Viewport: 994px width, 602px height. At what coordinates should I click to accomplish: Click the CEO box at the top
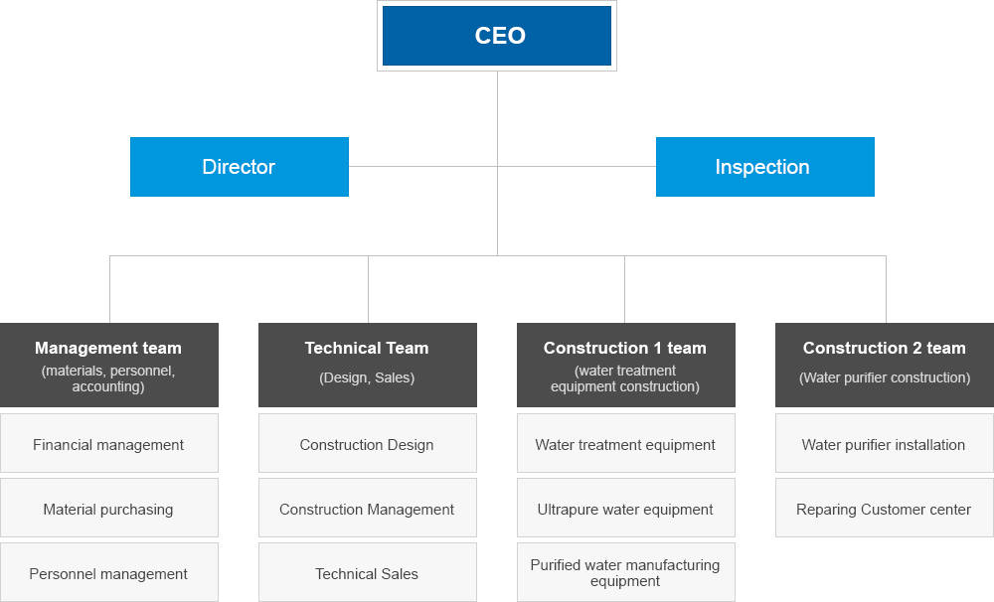tap(497, 36)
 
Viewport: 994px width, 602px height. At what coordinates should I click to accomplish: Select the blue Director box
tap(240, 167)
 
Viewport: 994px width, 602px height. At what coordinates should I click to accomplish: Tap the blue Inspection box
tap(765, 167)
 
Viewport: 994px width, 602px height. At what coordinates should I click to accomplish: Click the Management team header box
tap(109, 365)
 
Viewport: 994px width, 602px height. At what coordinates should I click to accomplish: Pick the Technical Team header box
tap(368, 365)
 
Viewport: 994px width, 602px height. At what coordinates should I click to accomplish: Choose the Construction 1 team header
tap(626, 365)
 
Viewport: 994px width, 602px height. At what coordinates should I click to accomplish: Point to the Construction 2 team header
tap(885, 365)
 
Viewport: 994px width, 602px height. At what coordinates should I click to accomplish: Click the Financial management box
tap(109, 444)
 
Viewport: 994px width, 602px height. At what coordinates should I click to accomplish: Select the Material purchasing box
tap(109, 508)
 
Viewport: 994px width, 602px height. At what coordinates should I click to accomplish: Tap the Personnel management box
tap(109, 572)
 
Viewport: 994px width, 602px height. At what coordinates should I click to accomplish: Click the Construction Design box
tap(368, 444)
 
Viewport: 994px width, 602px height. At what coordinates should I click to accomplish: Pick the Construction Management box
tap(368, 508)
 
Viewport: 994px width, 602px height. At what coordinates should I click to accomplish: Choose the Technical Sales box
tap(368, 572)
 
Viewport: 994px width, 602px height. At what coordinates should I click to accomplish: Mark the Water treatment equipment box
tap(626, 444)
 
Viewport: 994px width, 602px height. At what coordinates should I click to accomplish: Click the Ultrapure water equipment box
tap(626, 508)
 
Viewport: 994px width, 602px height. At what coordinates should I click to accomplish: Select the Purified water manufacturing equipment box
tap(626, 572)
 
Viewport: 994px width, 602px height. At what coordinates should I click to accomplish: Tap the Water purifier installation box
tap(885, 444)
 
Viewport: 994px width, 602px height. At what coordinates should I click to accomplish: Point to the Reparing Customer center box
tap(885, 508)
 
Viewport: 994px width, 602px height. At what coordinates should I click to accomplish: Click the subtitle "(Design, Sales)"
tap(367, 378)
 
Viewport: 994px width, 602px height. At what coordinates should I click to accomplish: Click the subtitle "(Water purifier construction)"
tap(885, 378)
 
